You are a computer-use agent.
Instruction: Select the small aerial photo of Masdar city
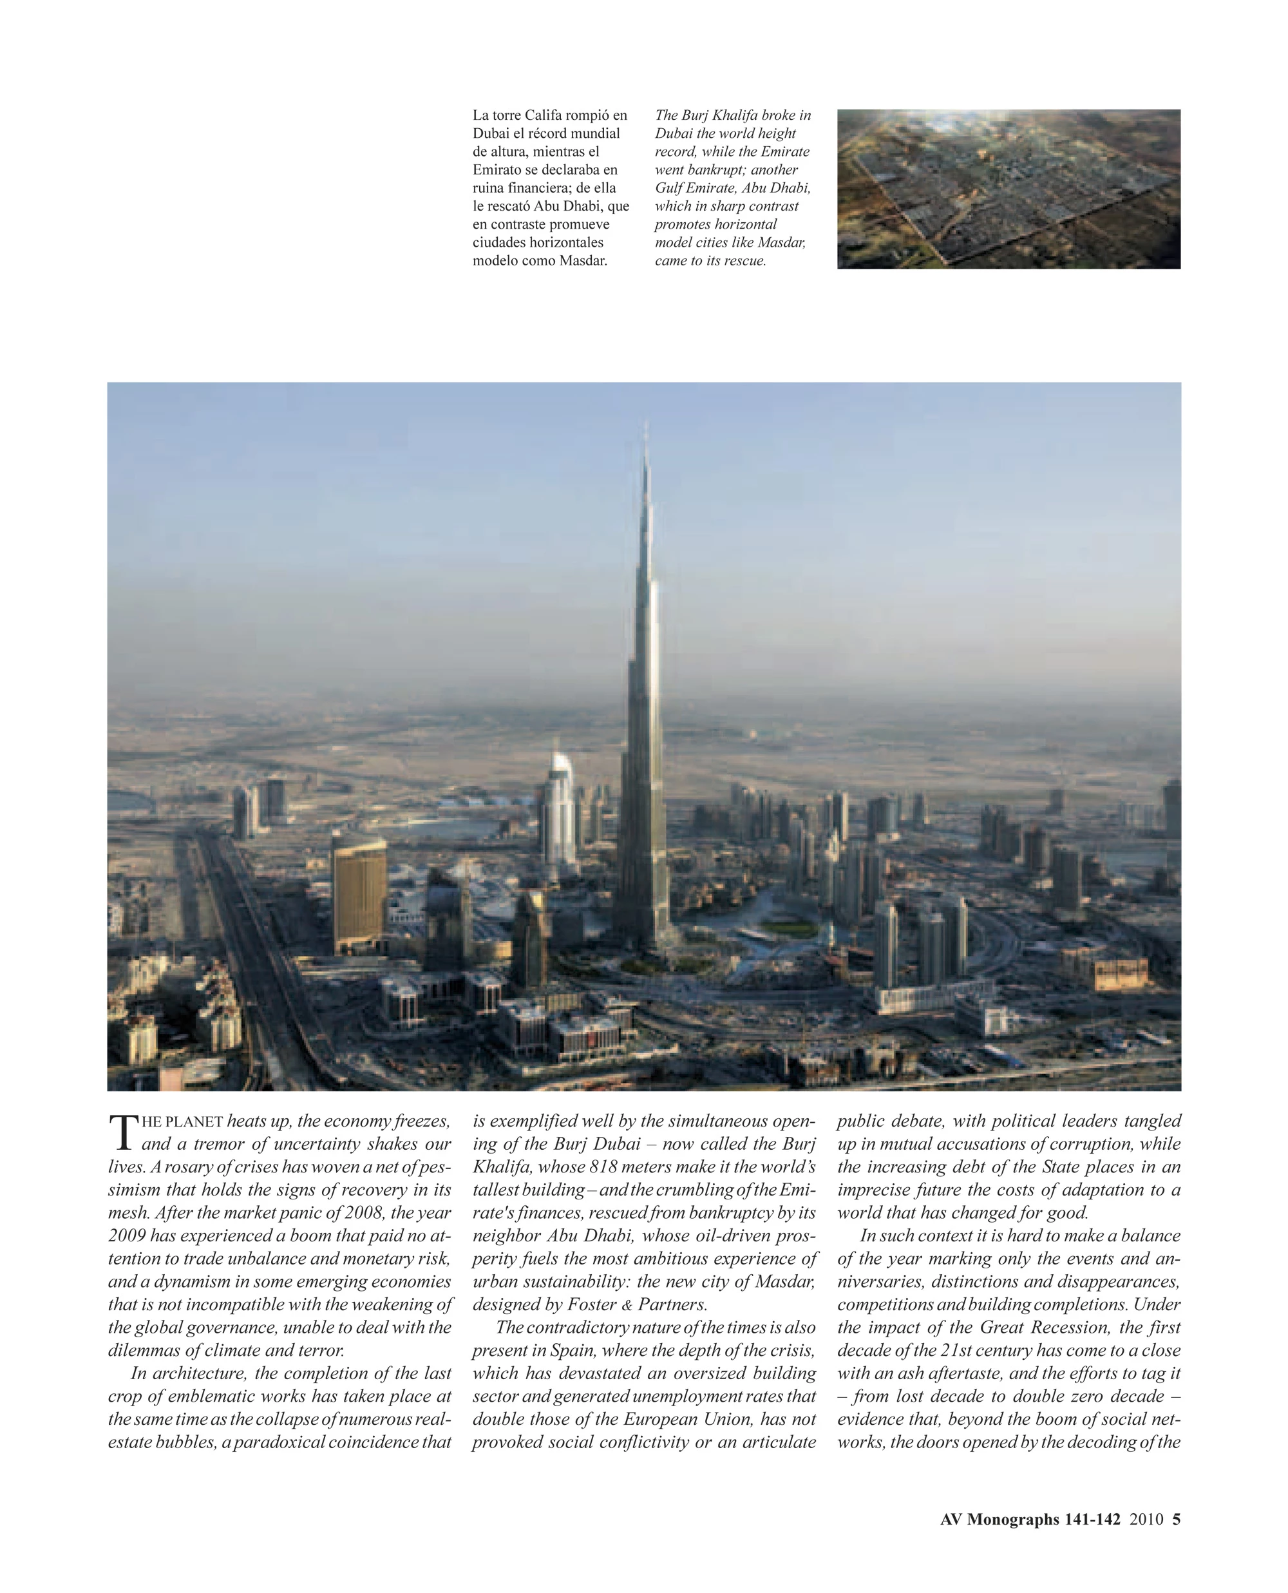pyautogui.click(x=1009, y=189)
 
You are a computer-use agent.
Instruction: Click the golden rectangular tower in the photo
pyautogui.click(x=359, y=895)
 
